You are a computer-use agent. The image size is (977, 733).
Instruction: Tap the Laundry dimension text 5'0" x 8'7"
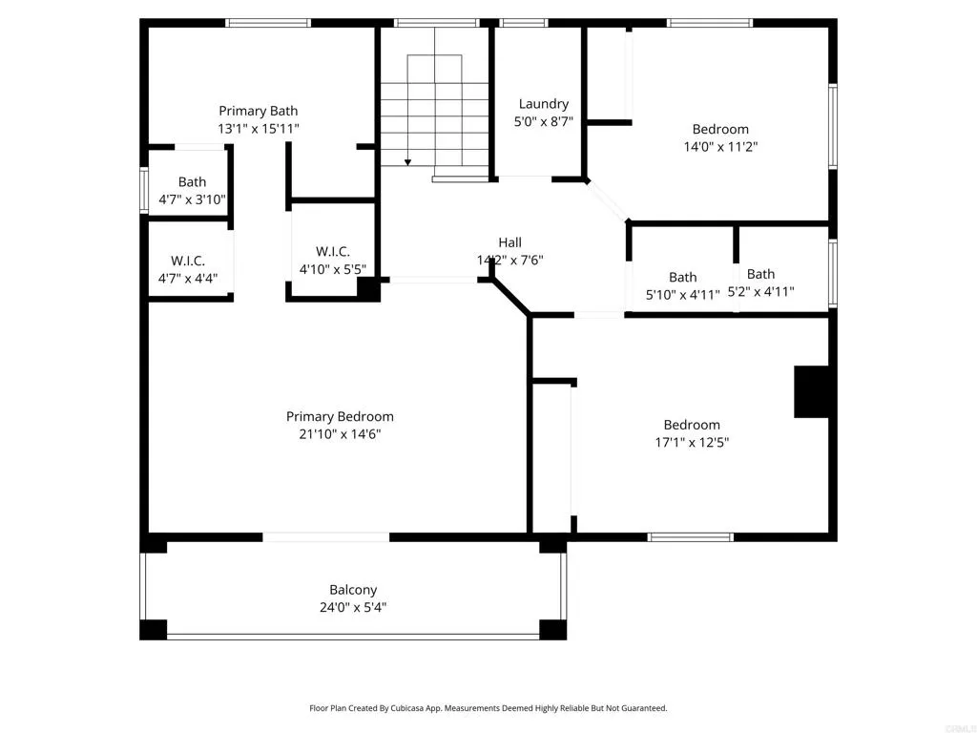pyautogui.click(x=544, y=121)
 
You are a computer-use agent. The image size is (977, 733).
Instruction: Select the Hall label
pyautogui.click(x=509, y=242)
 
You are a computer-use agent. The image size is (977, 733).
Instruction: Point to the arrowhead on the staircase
pyautogui.click(x=407, y=162)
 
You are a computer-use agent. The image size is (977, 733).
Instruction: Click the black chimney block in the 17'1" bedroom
pyautogui.click(x=811, y=391)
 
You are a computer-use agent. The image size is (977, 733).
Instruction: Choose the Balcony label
pyautogui.click(x=353, y=590)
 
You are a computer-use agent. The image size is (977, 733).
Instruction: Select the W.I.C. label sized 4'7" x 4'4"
pyautogui.click(x=188, y=261)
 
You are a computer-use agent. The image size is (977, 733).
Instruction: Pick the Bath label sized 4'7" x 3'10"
pyautogui.click(x=192, y=182)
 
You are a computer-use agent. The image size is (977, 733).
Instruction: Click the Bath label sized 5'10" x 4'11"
pyautogui.click(x=682, y=278)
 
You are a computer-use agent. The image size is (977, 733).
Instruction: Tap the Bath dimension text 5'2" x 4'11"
pyautogui.click(x=760, y=293)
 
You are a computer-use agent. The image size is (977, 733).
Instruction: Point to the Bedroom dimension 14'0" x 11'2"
pyautogui.click(x=720, y=147)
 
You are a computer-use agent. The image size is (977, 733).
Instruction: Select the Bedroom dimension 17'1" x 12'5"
pyautogui.click(x=692, y=443)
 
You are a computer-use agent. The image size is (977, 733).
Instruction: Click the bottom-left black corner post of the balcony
pyautogui.click(x=153, y=630)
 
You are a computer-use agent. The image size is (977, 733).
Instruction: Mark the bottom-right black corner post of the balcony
pyautogui.click(x=552, y=630)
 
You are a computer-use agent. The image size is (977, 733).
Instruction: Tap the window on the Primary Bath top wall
pyautogui.click(x=268, y=23)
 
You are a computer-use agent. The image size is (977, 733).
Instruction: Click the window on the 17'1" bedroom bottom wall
pyautogui.click(x=691, y=537)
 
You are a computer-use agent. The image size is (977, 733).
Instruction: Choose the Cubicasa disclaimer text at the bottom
pyautogui.click(x=488, y=708)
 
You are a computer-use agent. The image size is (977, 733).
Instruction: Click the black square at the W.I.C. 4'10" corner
pyautogui.click(x=368, y=289)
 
